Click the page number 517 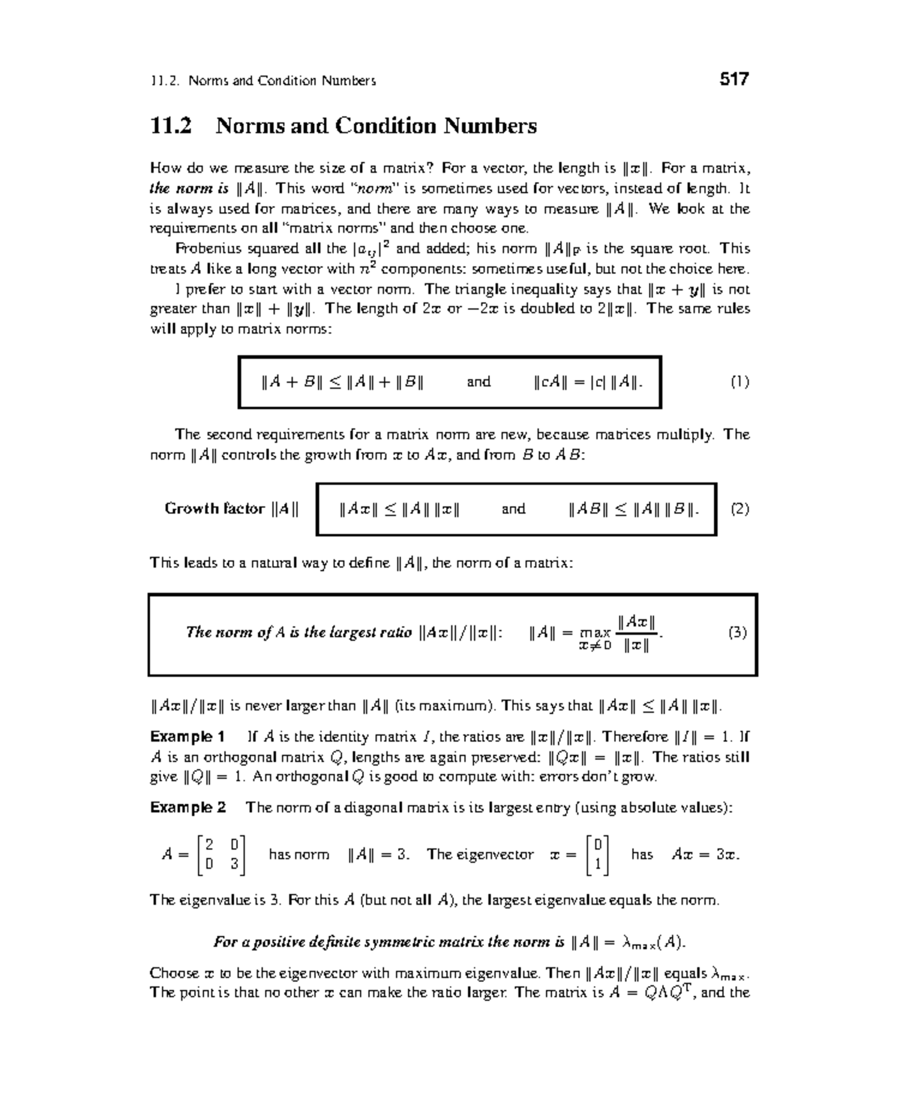tap(733, 79)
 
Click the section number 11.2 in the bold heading tap(171, 125)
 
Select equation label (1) tap(739, 382)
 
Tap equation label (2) tap(739, 509)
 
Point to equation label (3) tap(737, 632)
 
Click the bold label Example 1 tap(187, 736)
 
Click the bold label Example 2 tap(187, 808)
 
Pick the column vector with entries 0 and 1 tap(598, 855)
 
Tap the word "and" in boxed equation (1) tap(478, 382)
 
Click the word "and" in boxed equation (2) tap(513, 509)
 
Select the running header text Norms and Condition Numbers tap(282, 81)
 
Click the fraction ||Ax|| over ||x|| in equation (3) tap(636, 633)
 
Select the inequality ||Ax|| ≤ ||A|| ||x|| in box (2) tap(399, 509)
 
